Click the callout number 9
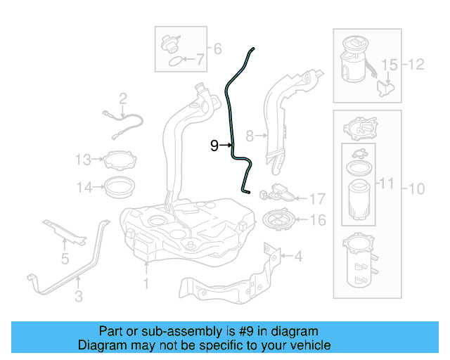pyautogui.click(x=215, y=146)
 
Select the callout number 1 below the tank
pyautogui.click(x=146, y=285)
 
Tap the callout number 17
pyautogui.click(x=317, y=199)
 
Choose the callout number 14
pyautogui.click(x=84, y=187)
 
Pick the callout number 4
pyautogui.click(x=298, y=257)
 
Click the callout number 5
pyautogui.click(x=65, y=259)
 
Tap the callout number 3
pyautogui.click(x=78, y=297)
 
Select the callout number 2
pyautogui.click(x=122, y=98)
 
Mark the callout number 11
pyautogui.click(x=386, y=184)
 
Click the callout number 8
pyautogui.click(x=249, y=134)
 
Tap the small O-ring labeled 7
pyautogui.click(x=172, y=61)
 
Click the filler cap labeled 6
pyautogui.click(x=169, y=43)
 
